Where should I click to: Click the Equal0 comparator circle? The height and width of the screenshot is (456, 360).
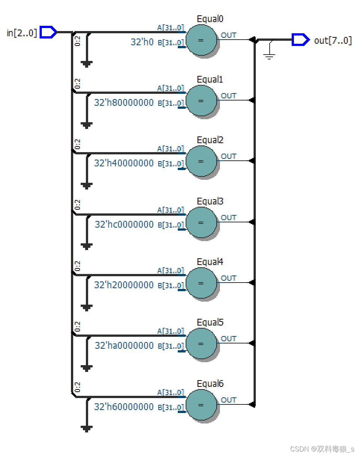(201, 40)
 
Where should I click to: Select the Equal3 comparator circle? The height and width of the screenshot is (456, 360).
(201, 222)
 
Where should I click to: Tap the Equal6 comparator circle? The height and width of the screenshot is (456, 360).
(201, 405)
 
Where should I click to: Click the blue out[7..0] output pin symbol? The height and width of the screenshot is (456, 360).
(300, 39)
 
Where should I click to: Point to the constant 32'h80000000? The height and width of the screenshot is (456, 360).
(124, 102)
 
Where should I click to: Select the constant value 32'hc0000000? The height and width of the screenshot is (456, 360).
(124, 224)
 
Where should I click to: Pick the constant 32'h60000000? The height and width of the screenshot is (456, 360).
(124, 407)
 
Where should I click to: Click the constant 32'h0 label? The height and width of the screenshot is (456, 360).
(142, 42)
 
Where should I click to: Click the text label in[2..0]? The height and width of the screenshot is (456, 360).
(22, 33)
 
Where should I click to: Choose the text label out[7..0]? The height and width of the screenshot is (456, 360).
(333, 40)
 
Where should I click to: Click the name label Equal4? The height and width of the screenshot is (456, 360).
(210, 262)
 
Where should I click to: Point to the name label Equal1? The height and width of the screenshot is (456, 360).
(210, 80)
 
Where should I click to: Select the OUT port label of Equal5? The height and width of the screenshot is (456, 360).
(229, 339)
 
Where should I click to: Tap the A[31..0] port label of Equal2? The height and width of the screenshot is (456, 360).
(171, 149)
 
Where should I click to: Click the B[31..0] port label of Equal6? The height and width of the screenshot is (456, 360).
(171, 407)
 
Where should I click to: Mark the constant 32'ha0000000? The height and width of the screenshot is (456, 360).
(124, 345)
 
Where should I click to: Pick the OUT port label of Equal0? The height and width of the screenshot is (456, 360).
(229, 35)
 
